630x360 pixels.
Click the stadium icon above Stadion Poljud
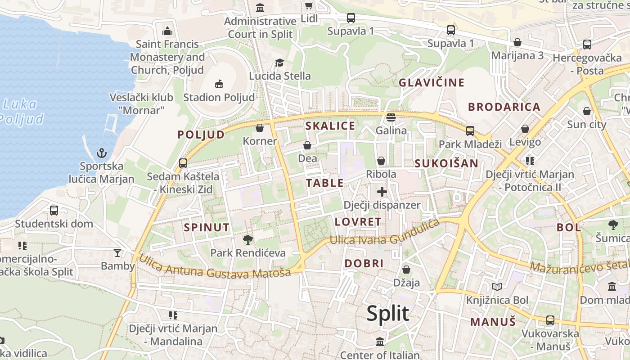pos(219,84)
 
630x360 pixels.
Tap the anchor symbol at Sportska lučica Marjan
pos(102,153)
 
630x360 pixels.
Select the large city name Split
pos(387,313)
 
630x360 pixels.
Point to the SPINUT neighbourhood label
pos(207,228)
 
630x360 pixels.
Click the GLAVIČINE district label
pos(432,83)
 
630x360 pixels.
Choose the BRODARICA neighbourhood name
pos(504,107)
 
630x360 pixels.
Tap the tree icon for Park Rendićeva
pos(247,239)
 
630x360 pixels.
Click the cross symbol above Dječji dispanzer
pos(382,192)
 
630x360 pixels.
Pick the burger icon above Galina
pos(391,117)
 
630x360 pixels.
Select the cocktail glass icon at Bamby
pos(117,253)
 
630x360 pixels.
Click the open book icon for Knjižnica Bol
pos(497,287)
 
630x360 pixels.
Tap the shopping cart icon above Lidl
pos(309,5)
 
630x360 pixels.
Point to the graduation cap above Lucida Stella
pos(279,63)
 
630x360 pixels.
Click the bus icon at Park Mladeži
pos(470,131)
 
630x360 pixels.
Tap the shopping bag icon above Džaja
pos(406,270)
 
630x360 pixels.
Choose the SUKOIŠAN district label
pos(446,163)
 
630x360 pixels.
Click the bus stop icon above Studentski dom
pos(54,210)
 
